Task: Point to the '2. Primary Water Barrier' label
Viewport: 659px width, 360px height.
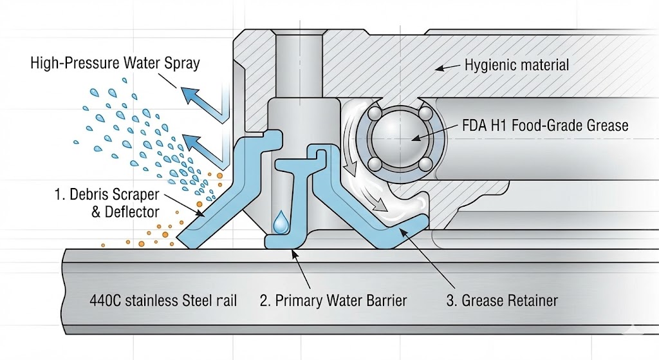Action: (333, 300)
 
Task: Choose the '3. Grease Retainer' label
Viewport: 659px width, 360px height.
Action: (501, 300)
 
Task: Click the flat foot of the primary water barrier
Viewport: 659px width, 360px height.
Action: (283, 242)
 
